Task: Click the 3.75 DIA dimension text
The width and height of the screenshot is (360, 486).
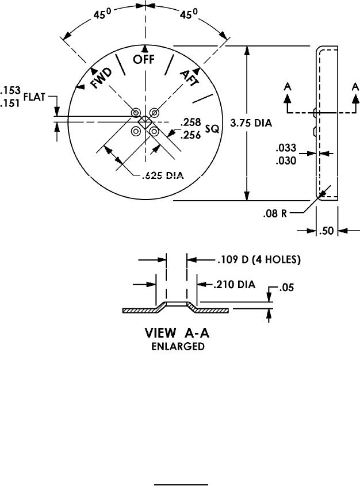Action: (250, 123)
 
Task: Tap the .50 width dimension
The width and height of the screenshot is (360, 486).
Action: (327, 231)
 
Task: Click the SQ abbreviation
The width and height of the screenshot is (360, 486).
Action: (212, 131)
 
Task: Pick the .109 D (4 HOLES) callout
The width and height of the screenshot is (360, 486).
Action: (259, 260)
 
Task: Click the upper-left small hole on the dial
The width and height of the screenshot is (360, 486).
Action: (136, 112)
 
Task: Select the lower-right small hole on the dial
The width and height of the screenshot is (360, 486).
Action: (154, 131)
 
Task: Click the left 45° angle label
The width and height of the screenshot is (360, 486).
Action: (104, 16)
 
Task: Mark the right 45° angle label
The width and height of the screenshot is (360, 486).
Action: (187, 16)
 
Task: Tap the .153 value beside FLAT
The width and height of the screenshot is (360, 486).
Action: (10, 90)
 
